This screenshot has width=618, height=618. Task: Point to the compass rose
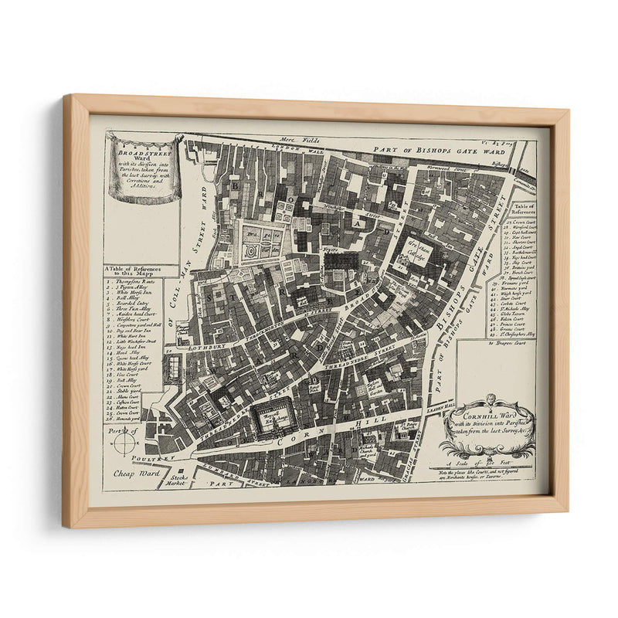124,442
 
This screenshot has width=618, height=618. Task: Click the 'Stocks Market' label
178,481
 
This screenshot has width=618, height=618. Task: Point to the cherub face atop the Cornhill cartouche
488,399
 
